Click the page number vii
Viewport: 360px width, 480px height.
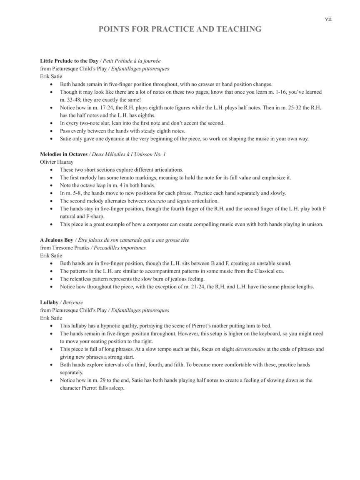pyautogui.click(x=328, y=19)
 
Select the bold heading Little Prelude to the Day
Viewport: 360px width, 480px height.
pyautogui.click(x=69, y=61)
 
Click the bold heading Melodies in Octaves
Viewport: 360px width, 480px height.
pyautogui.click(x=64, y=154)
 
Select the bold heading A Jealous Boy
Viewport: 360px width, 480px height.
pyautogui.click(x=57, y=240)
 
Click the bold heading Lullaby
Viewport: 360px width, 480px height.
pyautogui.click(x=49, y=302)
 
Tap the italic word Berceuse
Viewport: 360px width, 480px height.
pyautogui.click(x=73, y=302)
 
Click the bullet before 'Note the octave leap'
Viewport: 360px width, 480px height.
pyautogui.click(x=51, y=185)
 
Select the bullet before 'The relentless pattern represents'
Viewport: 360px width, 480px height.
pyautogui.click(x=51, y=279)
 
